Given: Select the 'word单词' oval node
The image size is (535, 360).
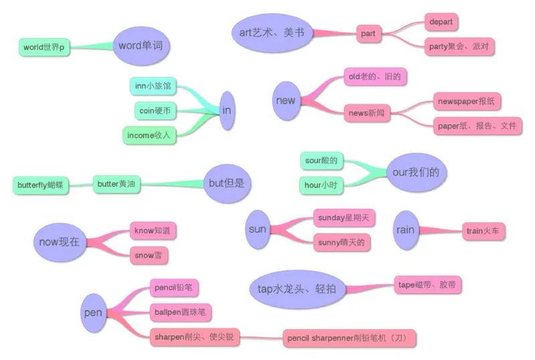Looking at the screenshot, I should point(143,46).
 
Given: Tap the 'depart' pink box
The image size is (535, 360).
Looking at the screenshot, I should point(441,22).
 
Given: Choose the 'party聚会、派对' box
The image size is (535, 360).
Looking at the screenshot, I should point(459,47).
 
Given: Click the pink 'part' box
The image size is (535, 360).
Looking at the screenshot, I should point(368,33).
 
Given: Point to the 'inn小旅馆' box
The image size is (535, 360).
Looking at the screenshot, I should point(152,86).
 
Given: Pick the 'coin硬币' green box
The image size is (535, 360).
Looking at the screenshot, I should point(155,110).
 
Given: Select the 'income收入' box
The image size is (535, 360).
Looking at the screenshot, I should point(148,135).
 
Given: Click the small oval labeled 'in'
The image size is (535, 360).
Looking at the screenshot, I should point(227,110).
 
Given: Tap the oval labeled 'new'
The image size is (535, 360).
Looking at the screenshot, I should point(285,101).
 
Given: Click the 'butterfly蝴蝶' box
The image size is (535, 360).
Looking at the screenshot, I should point(41,185).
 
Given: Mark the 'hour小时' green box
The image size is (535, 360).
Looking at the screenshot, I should point(321,185).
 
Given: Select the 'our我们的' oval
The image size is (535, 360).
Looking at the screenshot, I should point(416,173).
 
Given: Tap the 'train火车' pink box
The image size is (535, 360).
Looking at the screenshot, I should point(485,231).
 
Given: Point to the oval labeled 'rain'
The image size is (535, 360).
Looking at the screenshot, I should point(405,230).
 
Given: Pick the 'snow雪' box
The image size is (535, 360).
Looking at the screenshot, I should point(148,255).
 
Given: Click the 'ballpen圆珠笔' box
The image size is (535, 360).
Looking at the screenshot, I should point(180,312).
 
